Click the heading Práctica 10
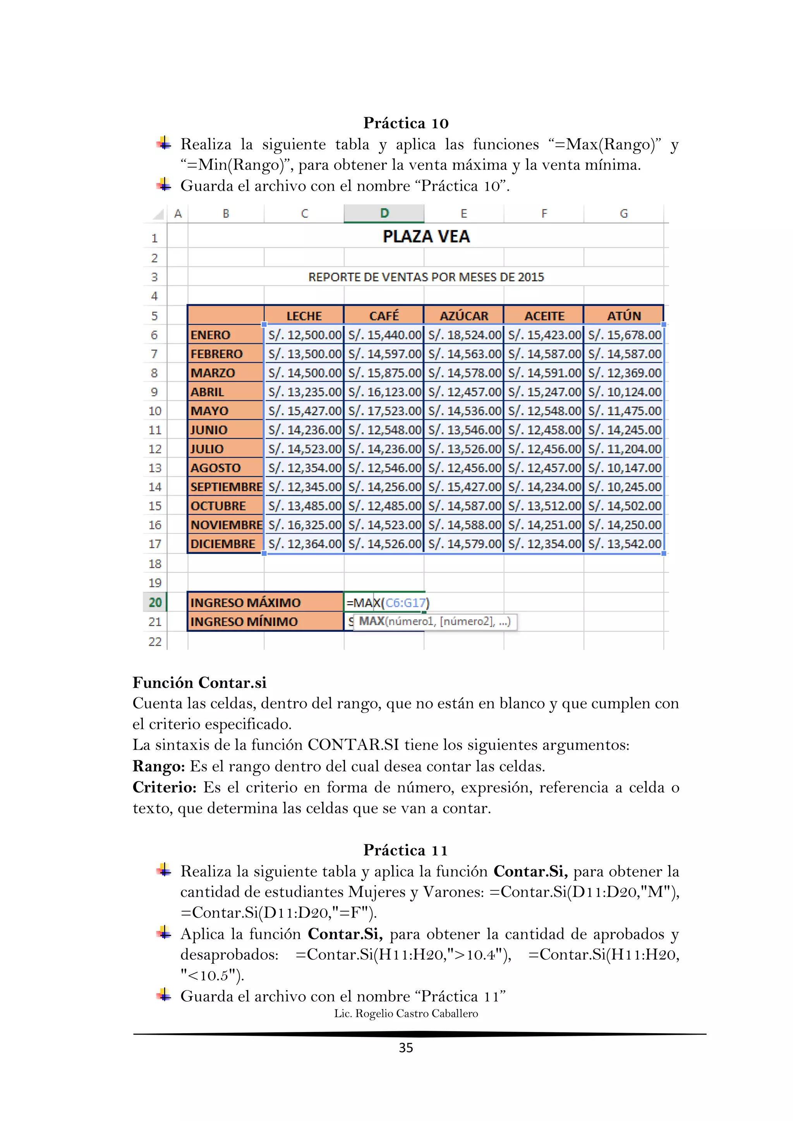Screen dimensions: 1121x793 [x=405, y=123]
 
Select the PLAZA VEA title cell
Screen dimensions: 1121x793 [x=426, y=237]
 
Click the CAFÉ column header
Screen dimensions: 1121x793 [x=384, y=316]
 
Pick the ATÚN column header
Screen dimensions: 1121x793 [x=623, y=316]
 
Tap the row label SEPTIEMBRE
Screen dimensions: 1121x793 [x=226, y=487]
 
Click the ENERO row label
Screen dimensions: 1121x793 [x=211, y=335]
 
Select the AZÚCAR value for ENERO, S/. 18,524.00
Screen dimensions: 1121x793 [x=464, y=335]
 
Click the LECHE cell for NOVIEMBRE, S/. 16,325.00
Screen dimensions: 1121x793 [x=304, y=525]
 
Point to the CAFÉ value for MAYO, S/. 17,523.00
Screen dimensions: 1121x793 [x=384, y=411]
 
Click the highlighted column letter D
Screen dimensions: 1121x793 [x=384, y=213]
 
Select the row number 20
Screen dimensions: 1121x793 [x=155, y=602]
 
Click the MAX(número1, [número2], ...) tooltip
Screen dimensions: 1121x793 [x=434, y=622]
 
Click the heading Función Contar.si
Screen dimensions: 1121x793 [x=199, y=682]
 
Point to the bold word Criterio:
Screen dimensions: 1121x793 [x=164, y=787]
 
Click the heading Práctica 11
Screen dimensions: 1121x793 [x=405, y=850]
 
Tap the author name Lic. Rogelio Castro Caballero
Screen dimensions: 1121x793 [x=406, y=1014]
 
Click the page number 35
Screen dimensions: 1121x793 [x=406, y=1048]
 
